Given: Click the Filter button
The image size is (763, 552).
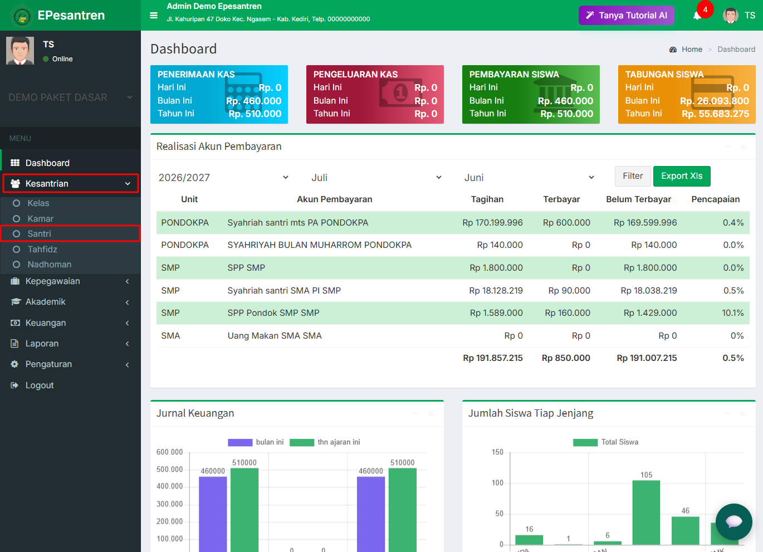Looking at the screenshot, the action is (x=633, y=176).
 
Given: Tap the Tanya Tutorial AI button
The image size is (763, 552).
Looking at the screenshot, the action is (x=626, y=16).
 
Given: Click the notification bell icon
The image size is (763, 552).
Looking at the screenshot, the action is (x=697, y=16).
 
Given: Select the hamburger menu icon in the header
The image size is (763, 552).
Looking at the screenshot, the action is (x=154, y=16).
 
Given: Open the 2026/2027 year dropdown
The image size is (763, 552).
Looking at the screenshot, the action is (x=223, y=177).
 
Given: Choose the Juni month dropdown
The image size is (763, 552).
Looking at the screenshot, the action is (x=529, y=177).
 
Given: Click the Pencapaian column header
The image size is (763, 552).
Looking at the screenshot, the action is (x=715, y=199).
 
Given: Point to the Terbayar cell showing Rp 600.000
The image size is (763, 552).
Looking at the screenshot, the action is (x=566, y=222).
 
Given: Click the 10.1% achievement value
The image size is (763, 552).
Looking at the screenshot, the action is (x=733, y=313).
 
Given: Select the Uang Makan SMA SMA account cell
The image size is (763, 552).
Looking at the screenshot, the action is (x=275, y=336).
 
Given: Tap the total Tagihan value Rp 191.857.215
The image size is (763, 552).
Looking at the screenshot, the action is (x=492, y=358).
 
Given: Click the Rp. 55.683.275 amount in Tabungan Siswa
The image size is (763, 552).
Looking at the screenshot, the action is (x=715, y=114).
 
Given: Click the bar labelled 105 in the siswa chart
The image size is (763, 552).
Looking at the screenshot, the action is (x=646, y=512).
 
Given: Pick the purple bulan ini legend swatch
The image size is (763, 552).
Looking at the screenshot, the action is (x=240, y=442).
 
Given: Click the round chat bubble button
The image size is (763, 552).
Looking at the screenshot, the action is (x=733, y=522).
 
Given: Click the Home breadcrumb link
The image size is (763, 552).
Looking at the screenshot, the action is (x=692, y=50).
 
